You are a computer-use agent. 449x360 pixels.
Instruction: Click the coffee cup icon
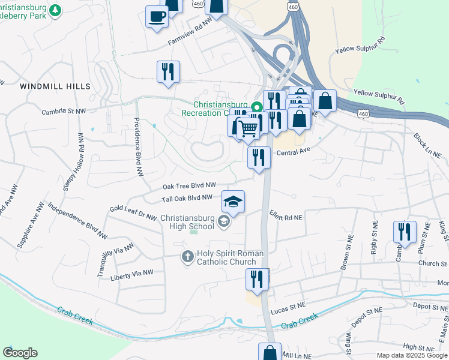pyautogui.click(x=157, y=16)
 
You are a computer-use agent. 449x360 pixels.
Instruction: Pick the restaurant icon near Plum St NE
pyautogui.click(x=405, y=232)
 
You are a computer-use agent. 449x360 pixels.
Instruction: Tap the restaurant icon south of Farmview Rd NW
pyautogui.click(x=168, y=71)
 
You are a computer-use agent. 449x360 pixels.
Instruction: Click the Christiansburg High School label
pyautogui.click(x=187, y=222)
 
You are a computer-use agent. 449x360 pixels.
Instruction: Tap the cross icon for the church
pyautogui.click(x=187, y=257)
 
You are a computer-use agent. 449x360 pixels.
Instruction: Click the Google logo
pyautogui.click(x=20, y=353)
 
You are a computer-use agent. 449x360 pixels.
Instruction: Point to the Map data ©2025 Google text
pyautogui.click(x=411, y=355)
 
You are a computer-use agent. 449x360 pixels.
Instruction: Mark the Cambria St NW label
pyautogui.click(x=64, y=112)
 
